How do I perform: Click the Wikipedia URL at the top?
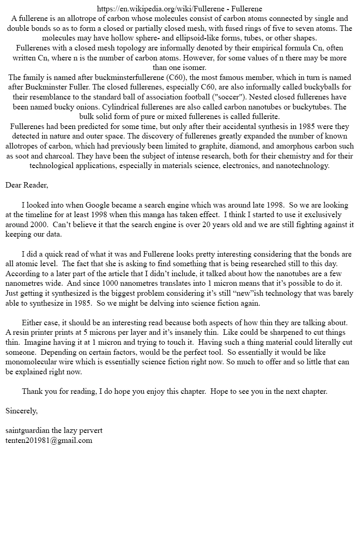(162, 9)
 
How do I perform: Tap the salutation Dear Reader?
(26, 185)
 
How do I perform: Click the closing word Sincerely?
(21, 411)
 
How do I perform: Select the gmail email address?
(49, 440)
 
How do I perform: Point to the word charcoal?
(42, 156)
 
